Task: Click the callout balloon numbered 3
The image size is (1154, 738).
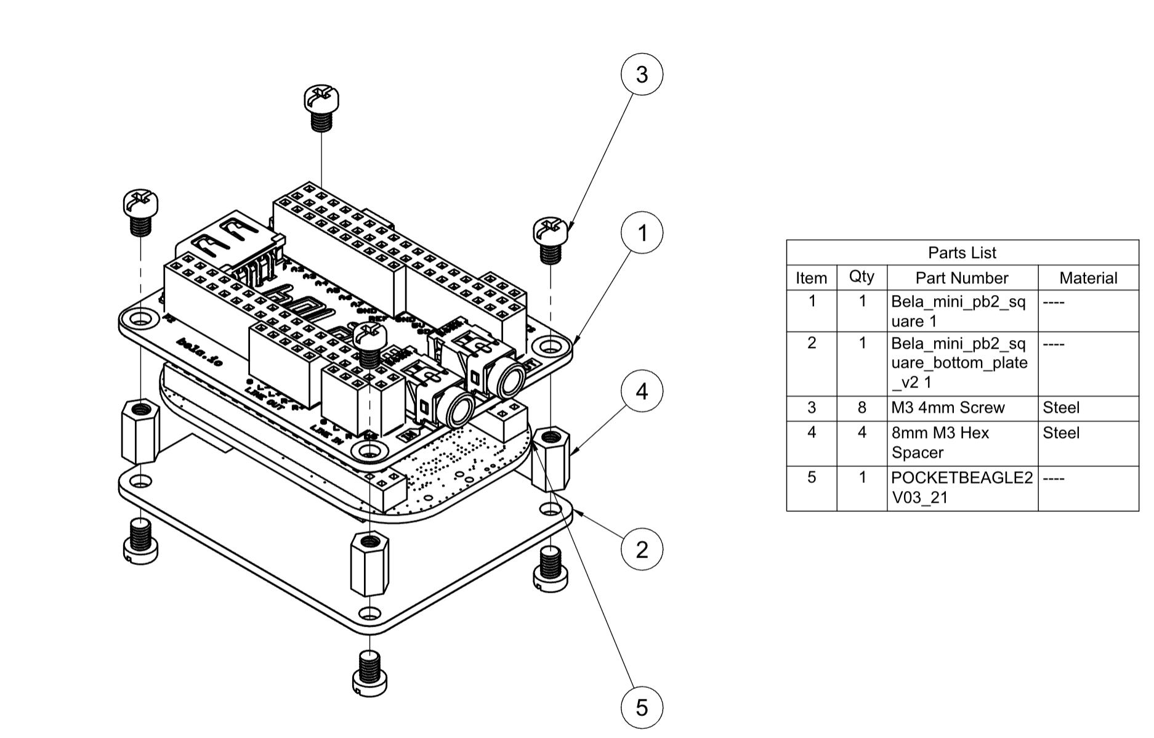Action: tap(642, 75)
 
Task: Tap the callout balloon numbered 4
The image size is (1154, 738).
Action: tap(642, 391)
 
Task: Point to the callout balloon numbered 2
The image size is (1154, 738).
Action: tap(642, 549)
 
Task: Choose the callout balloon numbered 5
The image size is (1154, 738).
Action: tap(642, 707)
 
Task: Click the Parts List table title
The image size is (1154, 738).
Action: tap(962, 253)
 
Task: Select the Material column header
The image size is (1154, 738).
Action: tap(1087, 278)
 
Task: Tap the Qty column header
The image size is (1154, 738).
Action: tap(861, 277)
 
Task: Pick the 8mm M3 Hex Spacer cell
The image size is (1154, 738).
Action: tap(940, 442)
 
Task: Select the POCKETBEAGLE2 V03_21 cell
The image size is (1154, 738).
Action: tap(961, 487)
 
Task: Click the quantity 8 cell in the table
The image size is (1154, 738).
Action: tap(861, 408)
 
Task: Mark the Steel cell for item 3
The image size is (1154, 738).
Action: tap(1061, 408)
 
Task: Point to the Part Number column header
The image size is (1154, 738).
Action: tap(961, 278)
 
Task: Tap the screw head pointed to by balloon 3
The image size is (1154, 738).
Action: tap(549, 231)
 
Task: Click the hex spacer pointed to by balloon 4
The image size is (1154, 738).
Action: tap(551, 458)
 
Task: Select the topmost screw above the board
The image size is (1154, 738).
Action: tap(321, 100)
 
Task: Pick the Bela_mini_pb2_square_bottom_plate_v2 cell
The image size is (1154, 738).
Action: tap(959, 363)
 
